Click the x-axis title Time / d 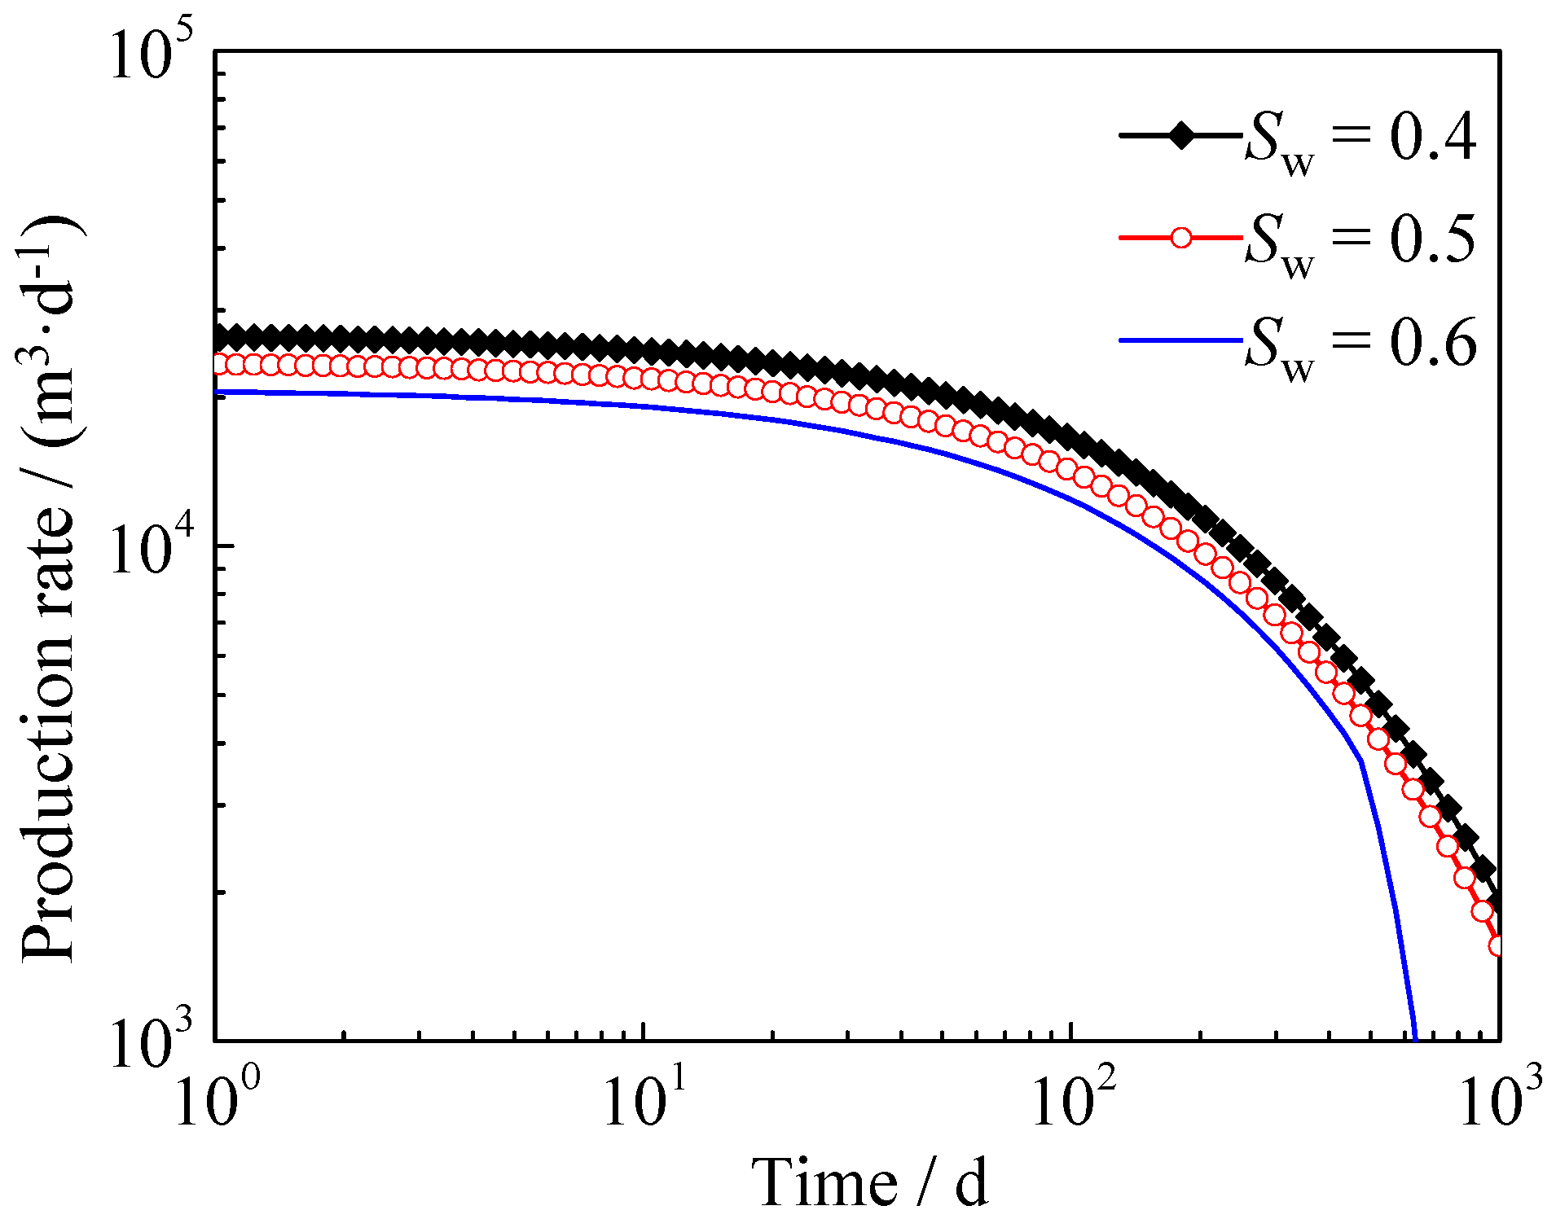869,1182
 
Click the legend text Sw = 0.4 1359,140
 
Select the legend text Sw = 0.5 1359,242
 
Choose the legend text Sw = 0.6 1359,345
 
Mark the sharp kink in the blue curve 1360,761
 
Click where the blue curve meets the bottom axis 1414,1038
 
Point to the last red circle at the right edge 1497,945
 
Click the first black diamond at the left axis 218,338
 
